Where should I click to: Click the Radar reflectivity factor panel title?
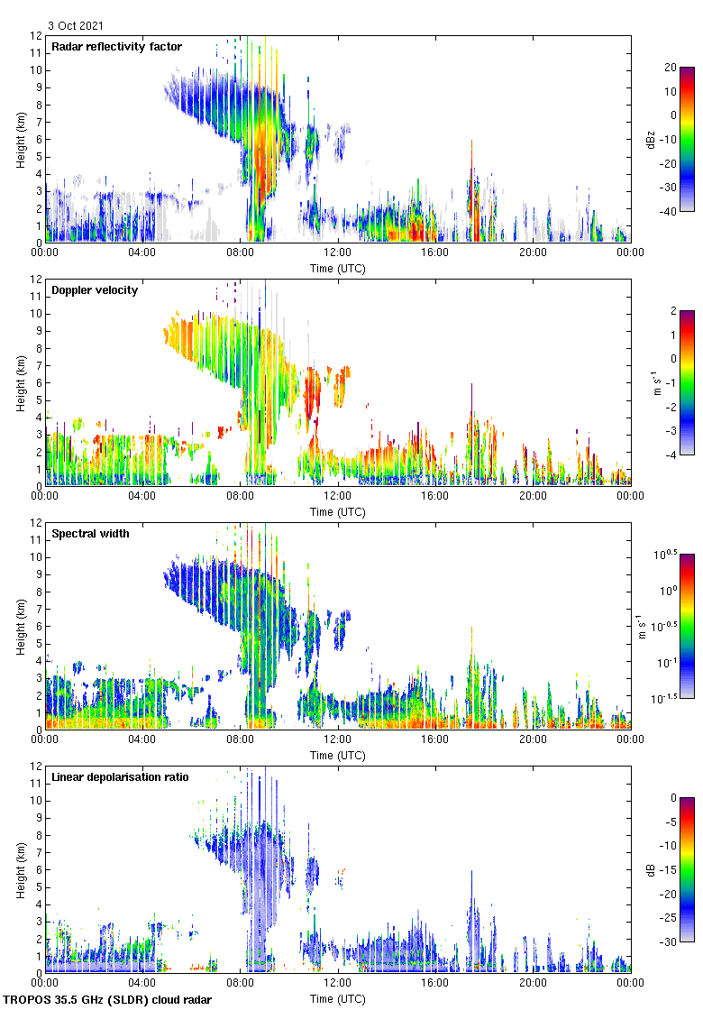click(116, 47)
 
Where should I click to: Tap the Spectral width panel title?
click(90, 534)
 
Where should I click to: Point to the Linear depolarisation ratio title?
click(120, 776)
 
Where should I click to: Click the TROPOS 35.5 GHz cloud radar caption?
click(108, 1000)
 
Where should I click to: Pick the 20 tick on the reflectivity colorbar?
click(670, 68)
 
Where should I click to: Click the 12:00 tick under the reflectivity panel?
click(337, 252)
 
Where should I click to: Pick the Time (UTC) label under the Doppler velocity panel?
click(337, 512)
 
